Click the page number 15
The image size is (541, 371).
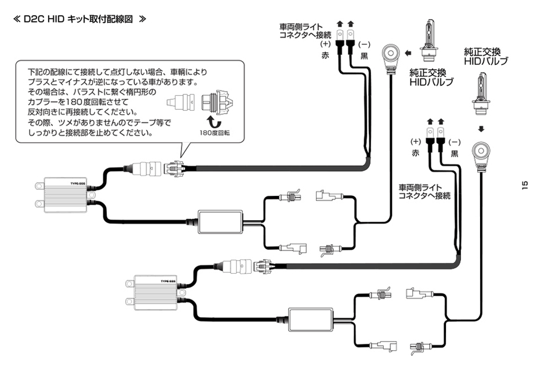[525, 185]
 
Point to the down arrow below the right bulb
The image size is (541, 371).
[482, 129]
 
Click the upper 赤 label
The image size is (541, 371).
[325, 56]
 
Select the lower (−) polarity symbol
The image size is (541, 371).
[454, 142]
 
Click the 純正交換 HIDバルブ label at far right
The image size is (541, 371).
[486, 56]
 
